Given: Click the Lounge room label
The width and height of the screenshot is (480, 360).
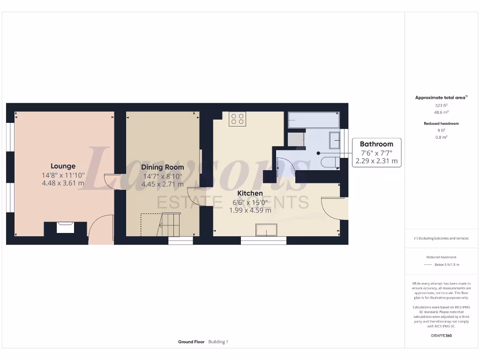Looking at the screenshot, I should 63,166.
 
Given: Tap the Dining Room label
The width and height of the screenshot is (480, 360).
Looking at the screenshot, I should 162,167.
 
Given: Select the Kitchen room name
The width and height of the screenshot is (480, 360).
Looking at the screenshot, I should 250,193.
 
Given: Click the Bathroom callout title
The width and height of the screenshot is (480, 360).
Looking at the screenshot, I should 376,144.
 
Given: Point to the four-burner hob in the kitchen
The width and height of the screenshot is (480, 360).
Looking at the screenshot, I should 237,119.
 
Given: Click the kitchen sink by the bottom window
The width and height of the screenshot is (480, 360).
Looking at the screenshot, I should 266,230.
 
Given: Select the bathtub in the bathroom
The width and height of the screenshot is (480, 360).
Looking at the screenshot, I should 313,120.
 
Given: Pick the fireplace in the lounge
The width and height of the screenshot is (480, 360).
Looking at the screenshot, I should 65,227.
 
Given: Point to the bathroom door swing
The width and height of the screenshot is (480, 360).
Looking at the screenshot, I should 285,166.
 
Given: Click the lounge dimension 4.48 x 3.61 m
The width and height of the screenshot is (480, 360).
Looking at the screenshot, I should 63,183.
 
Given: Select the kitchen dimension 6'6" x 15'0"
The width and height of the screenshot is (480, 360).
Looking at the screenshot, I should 250,202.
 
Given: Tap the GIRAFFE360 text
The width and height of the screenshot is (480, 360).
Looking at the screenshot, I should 441,336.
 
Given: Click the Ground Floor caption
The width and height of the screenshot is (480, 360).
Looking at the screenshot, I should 191,342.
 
